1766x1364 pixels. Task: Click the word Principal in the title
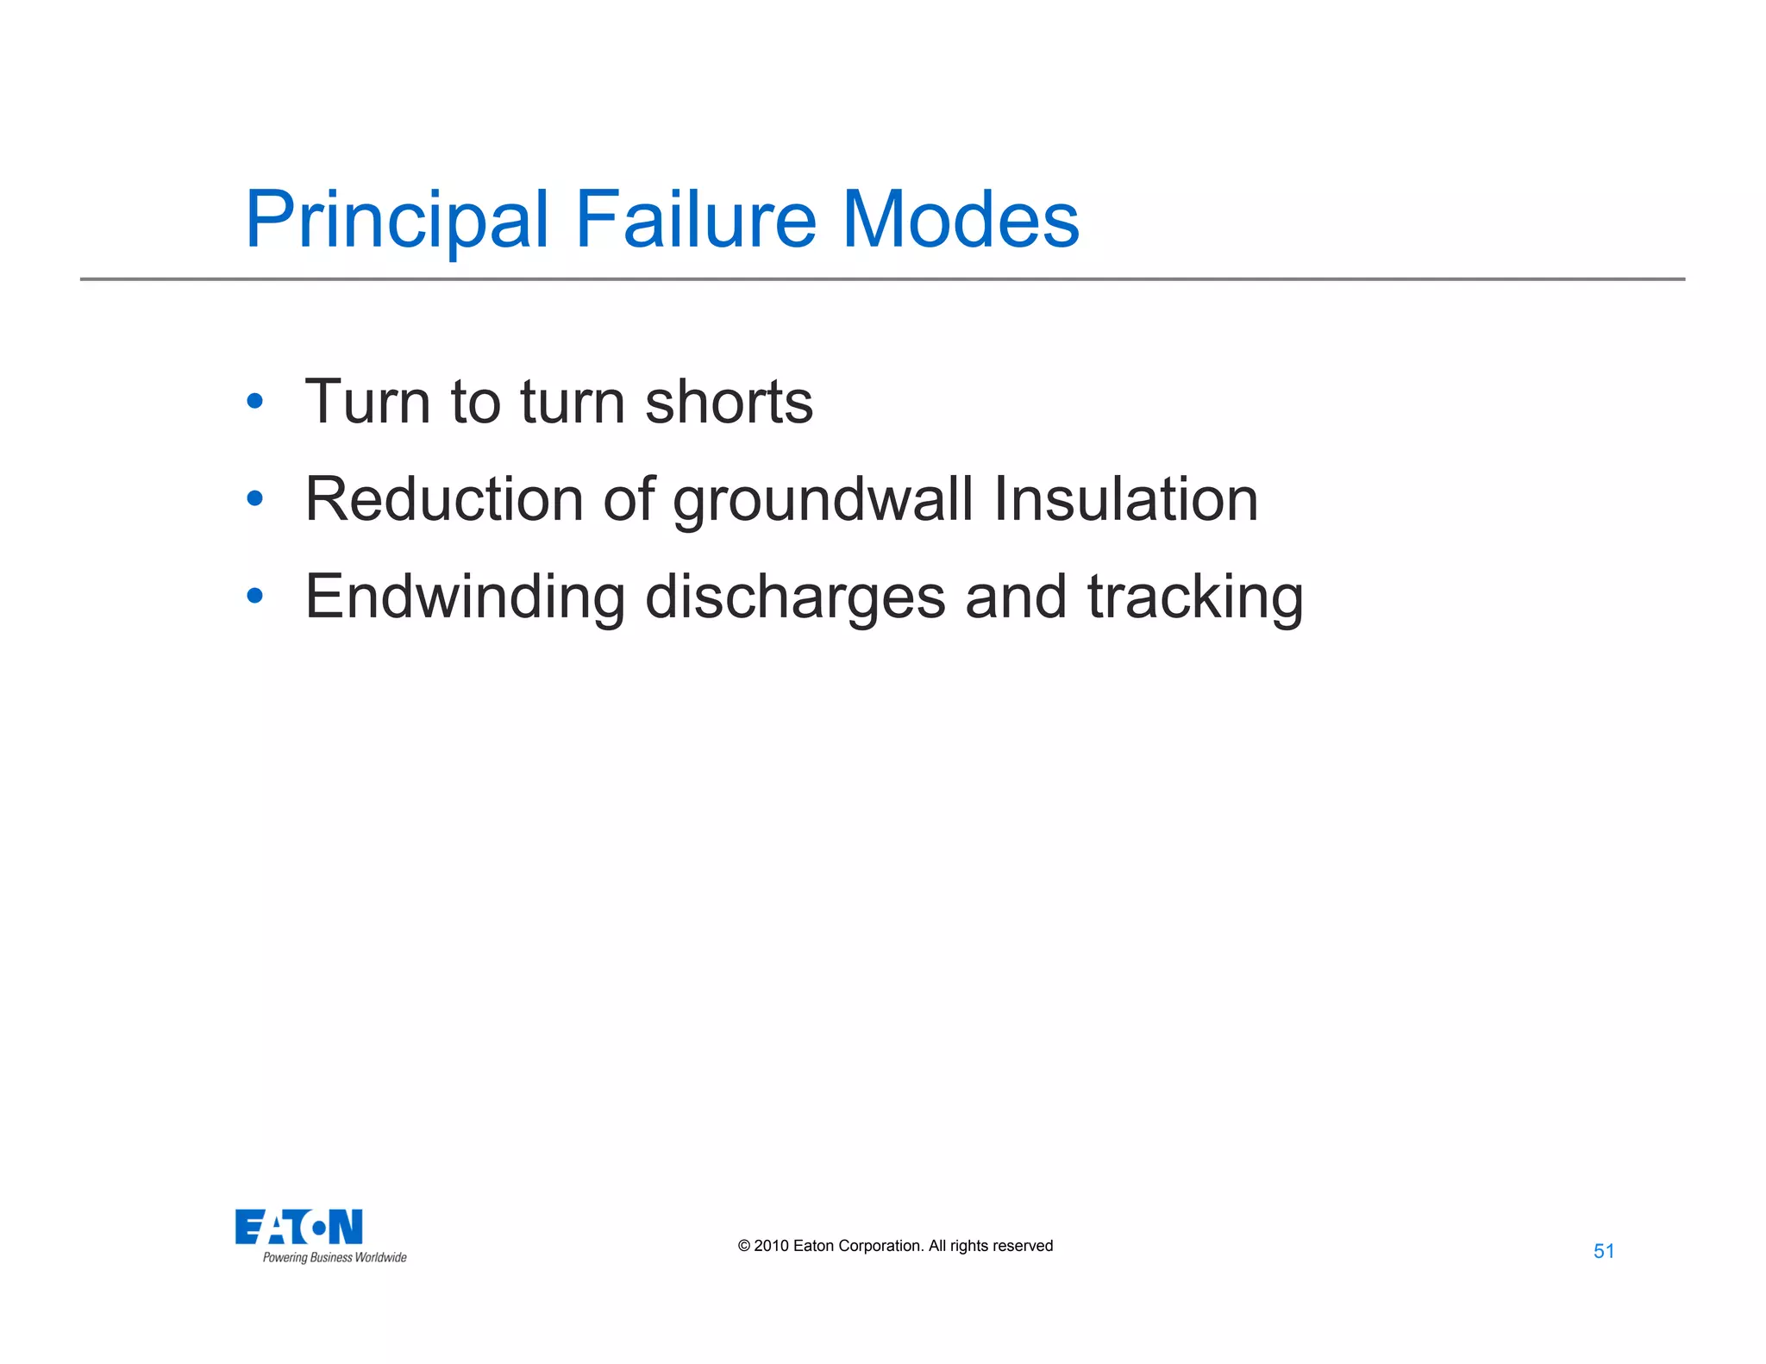click(x=397, y=220)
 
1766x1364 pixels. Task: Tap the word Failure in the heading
click(x=695, y=220)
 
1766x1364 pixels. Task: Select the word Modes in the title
click(x=960, y=220)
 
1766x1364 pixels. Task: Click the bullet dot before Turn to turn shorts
click(x=254, y=401)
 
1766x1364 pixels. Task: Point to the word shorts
click(x=729, y=402)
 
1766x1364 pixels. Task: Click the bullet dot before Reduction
click(x=254, y=498)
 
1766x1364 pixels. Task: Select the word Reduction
click(x=444, y=499)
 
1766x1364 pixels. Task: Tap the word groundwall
click(x=823, y=501)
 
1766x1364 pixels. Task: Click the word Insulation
click(x=1125, y=499)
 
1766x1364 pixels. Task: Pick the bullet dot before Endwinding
click(x=254, y=596)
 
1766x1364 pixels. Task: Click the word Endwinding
click(x=465, y=597)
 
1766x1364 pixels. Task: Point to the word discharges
click(x=795, y=598)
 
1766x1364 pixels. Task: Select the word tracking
click(x=1195, y=598)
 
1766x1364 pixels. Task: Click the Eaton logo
click(x=299, y=1227)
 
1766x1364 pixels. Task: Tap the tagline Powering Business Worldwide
click(x=335, y=1258)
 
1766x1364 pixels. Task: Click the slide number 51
click(x=1604, y=1251)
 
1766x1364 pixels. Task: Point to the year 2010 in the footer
click(x=771, y=1246)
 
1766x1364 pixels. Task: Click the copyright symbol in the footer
click(x=744, y=1246)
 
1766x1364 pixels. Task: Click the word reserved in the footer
click(x=1023, y=1246)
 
